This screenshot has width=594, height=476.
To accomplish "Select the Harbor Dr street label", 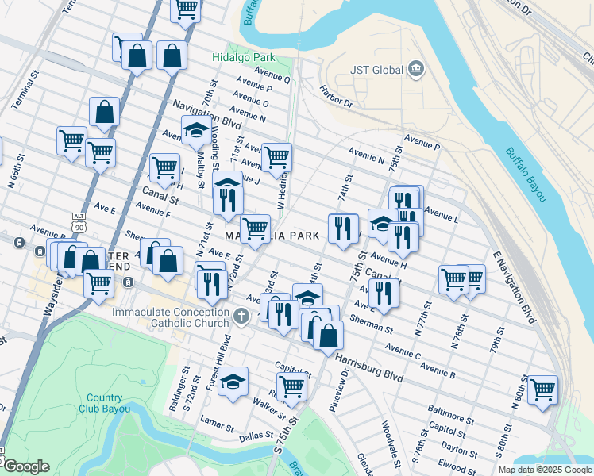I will point(336,96).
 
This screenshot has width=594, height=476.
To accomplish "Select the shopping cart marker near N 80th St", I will point(542,389).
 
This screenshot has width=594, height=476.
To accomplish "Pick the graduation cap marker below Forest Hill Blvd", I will point(233,382).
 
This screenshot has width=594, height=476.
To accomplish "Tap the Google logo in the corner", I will point(26,467).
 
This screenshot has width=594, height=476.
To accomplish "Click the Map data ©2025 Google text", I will point(545,470).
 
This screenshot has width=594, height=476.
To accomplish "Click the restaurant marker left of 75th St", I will point(342,228).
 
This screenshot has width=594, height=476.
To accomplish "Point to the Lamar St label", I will point(214,420).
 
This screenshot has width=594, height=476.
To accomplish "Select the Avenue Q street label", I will point(272,79).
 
